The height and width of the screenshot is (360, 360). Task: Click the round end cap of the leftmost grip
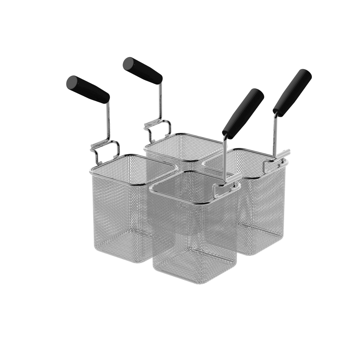(72, 82)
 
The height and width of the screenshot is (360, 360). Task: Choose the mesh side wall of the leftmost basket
(118, 214)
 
